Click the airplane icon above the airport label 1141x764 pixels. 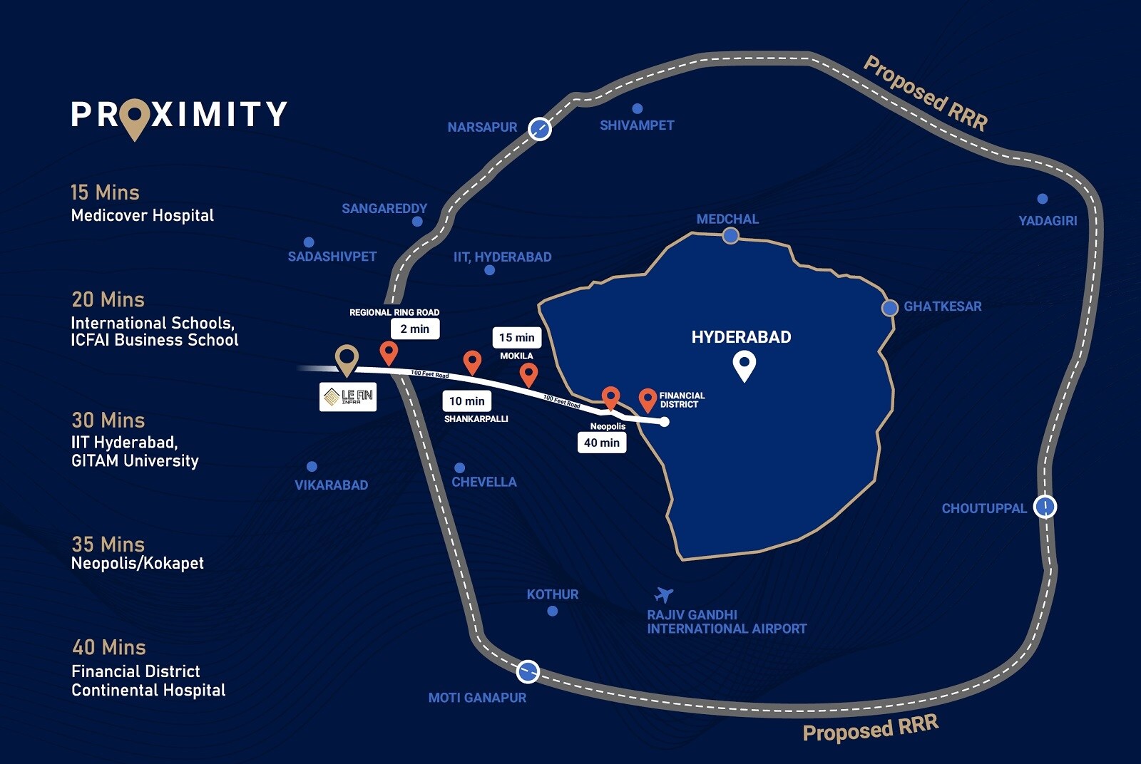[663, 594]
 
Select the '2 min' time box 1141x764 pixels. [415, 329]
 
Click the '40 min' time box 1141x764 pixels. [602, 443]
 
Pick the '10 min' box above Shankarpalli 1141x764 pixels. [467, 401]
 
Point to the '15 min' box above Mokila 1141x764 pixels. [516, 338]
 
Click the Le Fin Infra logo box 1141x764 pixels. [348, 396]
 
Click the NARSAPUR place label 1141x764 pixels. [482, 128]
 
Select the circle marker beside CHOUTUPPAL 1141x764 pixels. [1045, 507]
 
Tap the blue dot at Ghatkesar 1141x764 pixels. [889, 307]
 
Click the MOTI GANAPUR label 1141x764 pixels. [477, 697]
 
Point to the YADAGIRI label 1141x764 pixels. [1048, 221]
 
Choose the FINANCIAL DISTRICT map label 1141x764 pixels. [682, 400]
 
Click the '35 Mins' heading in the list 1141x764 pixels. [108, 544]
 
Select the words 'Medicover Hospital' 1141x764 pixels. [143, 215]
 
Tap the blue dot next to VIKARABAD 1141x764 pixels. [312, 466]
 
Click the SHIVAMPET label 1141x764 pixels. [637, 125]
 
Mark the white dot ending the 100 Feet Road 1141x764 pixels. [664, 421]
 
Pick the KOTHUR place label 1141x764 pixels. [553, 594]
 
